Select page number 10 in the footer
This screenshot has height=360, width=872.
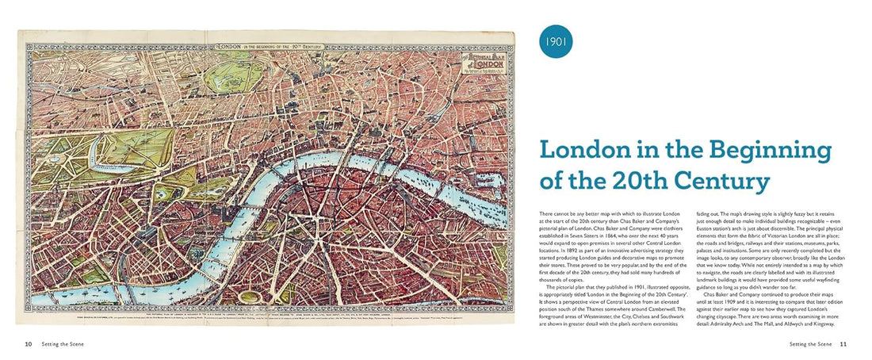click(x=28, y=343)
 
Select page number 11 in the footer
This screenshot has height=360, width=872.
click(x=843, y=343)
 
